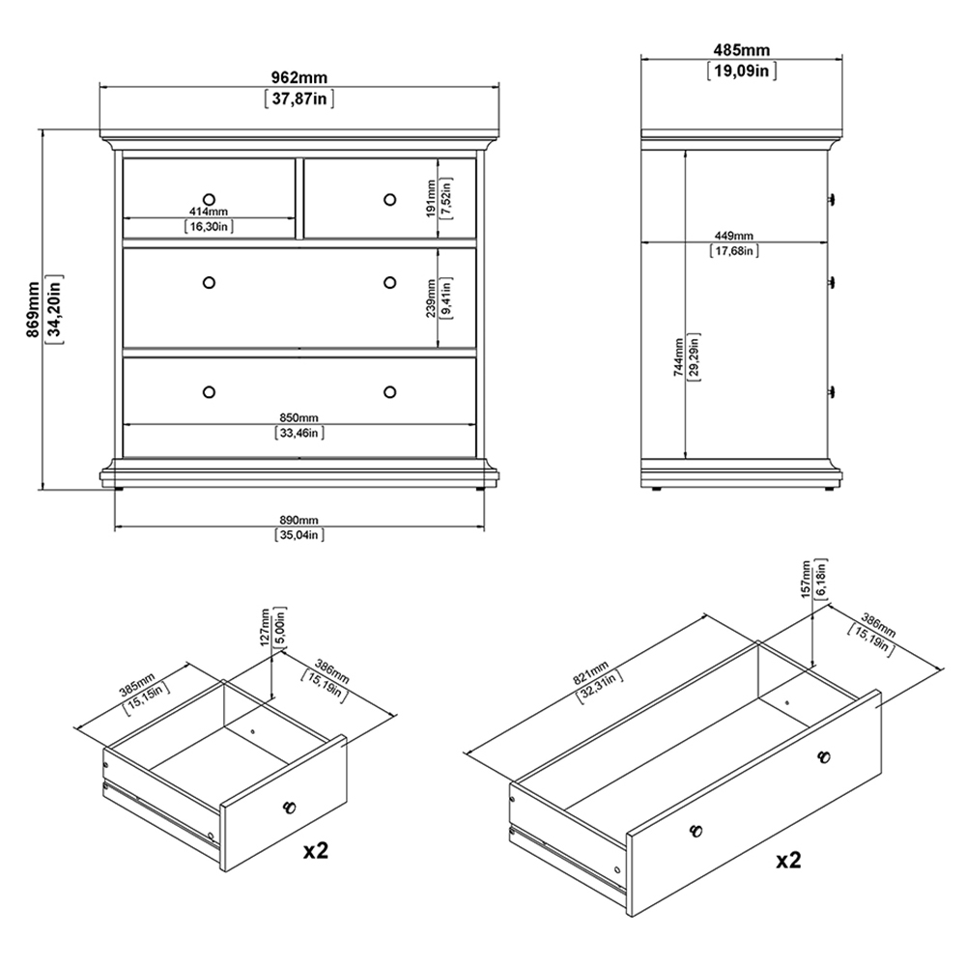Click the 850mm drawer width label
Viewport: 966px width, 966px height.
point(298,417)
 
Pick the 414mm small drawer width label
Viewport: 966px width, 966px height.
point(209,212)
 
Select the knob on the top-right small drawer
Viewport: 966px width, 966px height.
point(389,199)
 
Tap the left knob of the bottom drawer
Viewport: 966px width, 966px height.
point(209,391)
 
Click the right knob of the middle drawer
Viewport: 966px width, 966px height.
point(389,282)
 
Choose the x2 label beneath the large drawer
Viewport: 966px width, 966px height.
point(788,860)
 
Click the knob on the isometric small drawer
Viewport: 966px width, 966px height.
point(288,807)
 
